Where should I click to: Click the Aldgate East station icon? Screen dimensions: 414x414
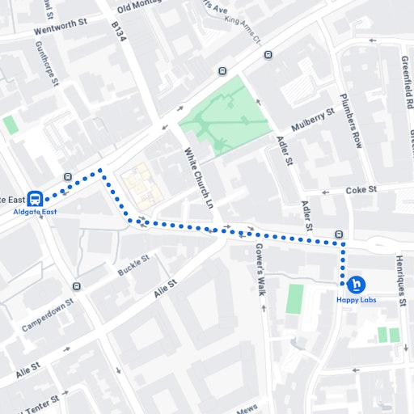[x=36, y=198]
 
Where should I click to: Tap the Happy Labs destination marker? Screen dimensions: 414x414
[x=356, y=285]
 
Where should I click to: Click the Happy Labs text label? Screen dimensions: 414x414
[x=357, y=301]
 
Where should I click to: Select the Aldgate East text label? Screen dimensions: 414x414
[x=35, y=213]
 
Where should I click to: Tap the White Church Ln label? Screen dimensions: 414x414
[x=198, y=177]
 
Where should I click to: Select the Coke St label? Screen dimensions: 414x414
[x=361, y=190]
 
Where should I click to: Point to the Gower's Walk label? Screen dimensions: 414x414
[x=260, y=268]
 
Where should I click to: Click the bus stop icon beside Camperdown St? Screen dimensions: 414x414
[x=76, y=286]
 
